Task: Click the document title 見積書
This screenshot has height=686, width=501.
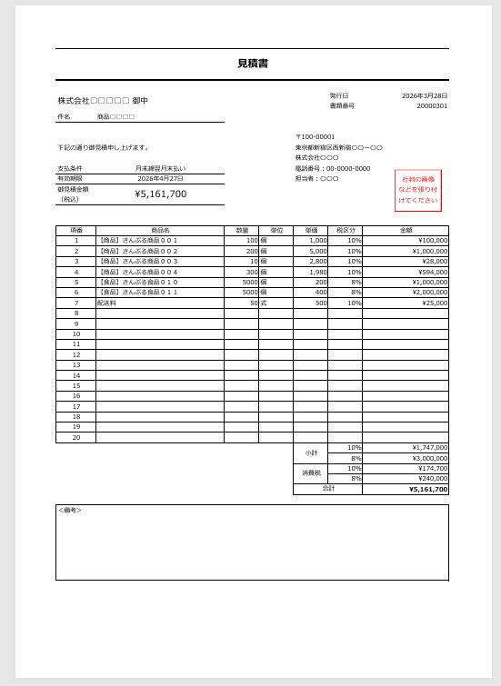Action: (x=252, y=64)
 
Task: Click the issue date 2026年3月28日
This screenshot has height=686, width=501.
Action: (x=425, y=95)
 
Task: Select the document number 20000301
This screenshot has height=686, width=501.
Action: (x=432, y=106)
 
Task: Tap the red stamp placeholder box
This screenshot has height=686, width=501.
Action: (x=417, y=190)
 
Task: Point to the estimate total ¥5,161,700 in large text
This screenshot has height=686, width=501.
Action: (x=161, y=194)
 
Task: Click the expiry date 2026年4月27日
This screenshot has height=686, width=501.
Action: (x=161, y=179)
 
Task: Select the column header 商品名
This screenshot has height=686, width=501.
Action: (x=160, y=231)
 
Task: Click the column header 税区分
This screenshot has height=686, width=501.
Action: (x=345, y=231)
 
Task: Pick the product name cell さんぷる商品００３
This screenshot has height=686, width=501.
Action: (x=138, y=262)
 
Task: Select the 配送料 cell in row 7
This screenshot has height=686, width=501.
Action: (x=107, y=303)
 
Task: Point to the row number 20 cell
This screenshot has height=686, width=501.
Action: (x=75, y=437)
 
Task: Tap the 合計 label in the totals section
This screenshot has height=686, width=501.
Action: (x=328, y=489)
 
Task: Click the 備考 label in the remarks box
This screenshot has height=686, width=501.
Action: (x=70, y=511)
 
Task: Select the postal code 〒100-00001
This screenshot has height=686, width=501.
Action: (x=315, y=137)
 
